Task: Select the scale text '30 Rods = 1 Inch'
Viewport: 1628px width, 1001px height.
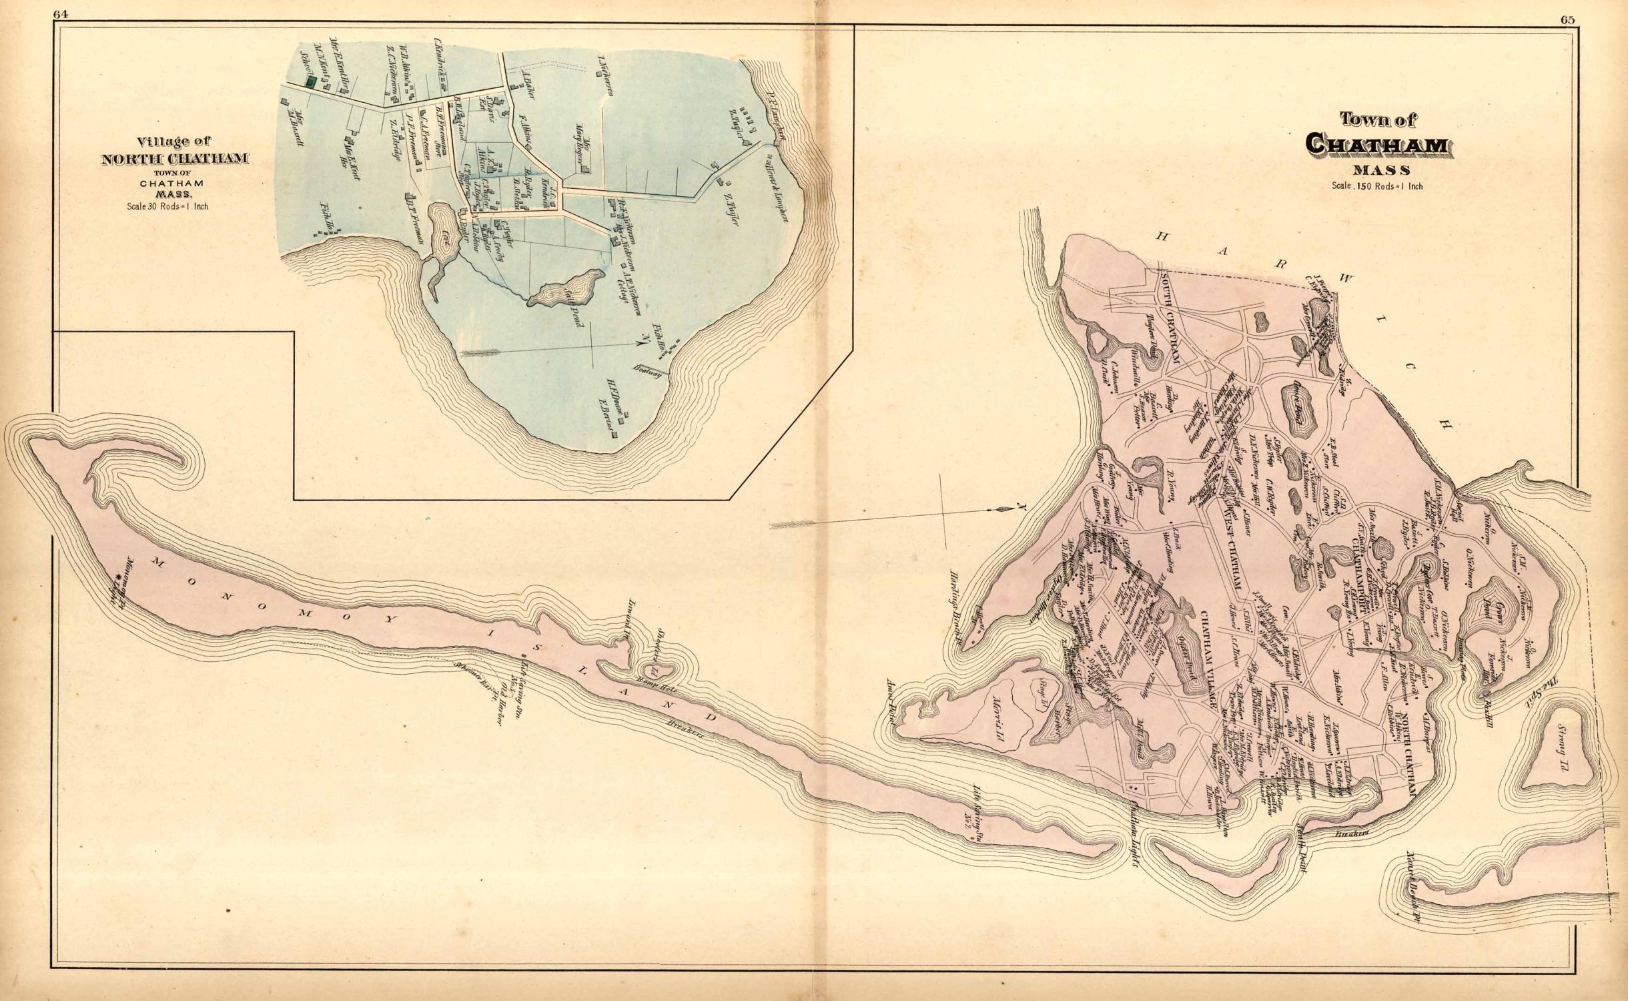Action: (x=168, y=206)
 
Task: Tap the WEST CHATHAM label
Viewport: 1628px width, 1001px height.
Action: (x=1228, y=547)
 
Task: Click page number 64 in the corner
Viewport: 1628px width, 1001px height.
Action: (x=63, y=19)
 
